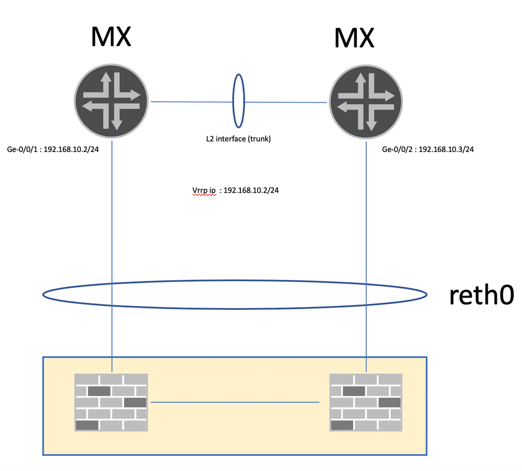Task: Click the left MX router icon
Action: point(112,101)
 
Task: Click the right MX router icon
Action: point(366,101)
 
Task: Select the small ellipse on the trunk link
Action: point(238,101)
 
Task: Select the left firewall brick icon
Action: point(111,402)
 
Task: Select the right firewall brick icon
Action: point(366,402)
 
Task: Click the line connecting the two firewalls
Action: point(235,403)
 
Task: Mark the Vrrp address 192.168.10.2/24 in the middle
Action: point(251,191)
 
